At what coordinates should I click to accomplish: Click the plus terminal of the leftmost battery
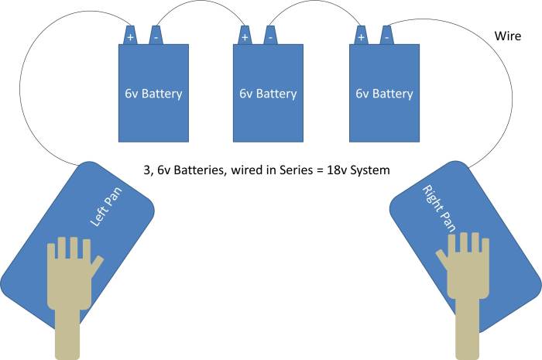pyautogui.click(x=129, y=36)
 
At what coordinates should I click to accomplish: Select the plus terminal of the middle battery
pyautogui.click(x=245, y=36)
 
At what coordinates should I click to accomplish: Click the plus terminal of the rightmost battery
pyautogui.click(x=361, y=36)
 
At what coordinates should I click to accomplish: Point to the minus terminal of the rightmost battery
pyautogui.click(x=386, y=36)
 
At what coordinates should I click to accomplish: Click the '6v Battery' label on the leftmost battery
pyautogui.click(x=153, y=94)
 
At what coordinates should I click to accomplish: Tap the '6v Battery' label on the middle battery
pyautogui.click(x=268, y=94)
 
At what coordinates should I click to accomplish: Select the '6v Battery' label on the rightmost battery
pyautogui.click(x=384, y=94)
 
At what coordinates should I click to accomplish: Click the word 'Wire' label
pyautogui.click(x=507, y=36)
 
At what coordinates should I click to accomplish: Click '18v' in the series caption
pyautogui.click(x=341, y=168)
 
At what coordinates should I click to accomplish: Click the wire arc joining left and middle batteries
pyautogui.click(x=200, y=6)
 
